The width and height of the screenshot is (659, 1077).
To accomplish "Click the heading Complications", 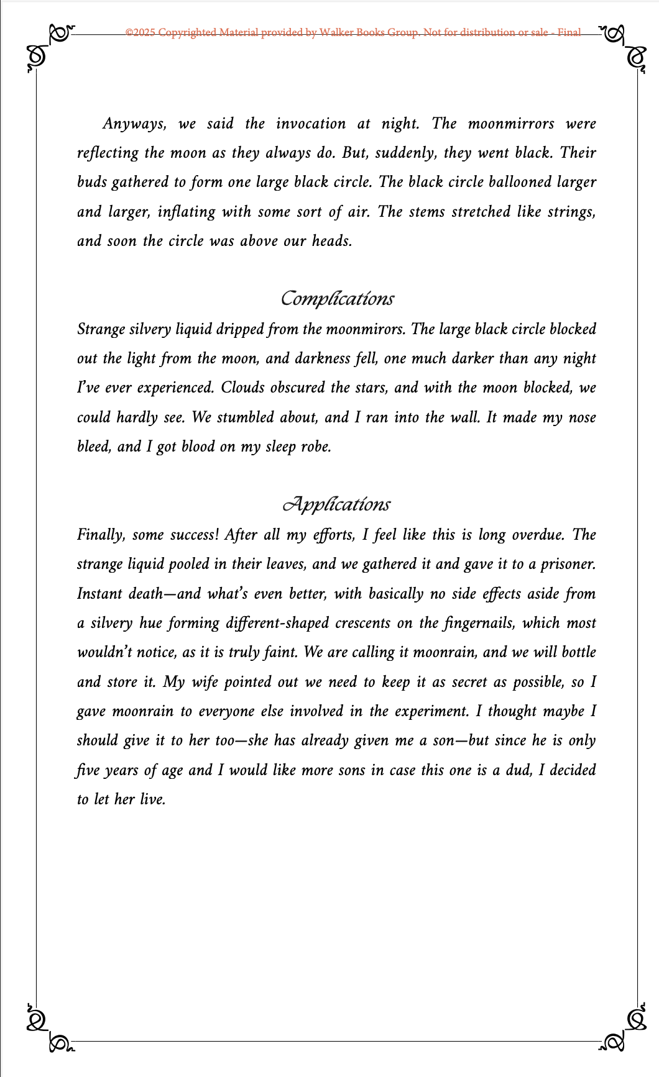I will (337, 299).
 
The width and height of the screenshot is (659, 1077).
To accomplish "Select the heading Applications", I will (336, 504).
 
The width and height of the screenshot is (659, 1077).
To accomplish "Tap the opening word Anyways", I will (134, 124).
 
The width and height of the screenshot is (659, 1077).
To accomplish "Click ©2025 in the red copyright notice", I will (140, 32).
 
